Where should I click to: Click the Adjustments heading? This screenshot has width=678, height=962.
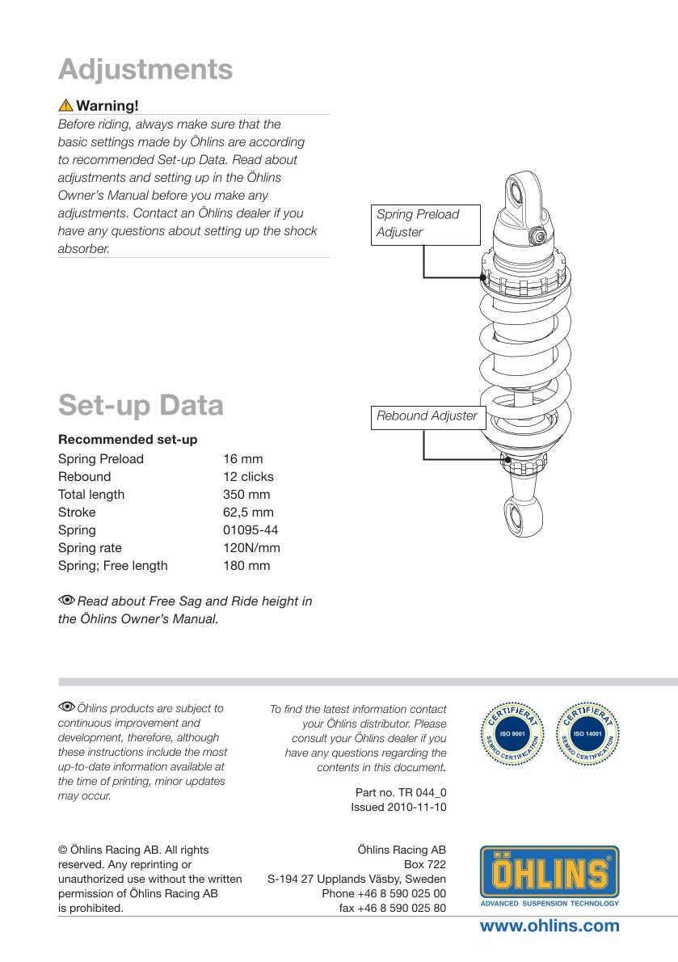tap(145, 70)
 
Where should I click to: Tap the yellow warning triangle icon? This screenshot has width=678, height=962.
tap(65, 106)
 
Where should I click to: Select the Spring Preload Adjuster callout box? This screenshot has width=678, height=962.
tap(427, 224)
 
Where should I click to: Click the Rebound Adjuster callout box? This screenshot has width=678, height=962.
tap(427, 416)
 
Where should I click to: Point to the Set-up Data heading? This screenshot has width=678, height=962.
tap(141, 405)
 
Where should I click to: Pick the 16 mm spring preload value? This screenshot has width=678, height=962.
tap(242, 459)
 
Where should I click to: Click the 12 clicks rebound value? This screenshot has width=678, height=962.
tap(248, 477)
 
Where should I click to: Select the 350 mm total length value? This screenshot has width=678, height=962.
tap(246, 495)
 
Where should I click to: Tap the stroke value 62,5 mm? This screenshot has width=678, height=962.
tap(248, 513)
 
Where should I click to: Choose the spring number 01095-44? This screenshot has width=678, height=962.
tap(251, 530)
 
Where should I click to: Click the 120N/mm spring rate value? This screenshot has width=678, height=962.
tap(251, 548)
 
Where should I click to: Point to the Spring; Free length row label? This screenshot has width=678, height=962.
tap(113, 566)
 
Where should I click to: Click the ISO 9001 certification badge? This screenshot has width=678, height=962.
tap(512, 732)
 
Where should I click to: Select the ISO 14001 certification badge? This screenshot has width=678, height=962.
tap(588, 732)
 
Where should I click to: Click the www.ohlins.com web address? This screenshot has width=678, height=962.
tap(550, 926)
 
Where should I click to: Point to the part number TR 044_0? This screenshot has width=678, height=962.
tap(401, 791)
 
